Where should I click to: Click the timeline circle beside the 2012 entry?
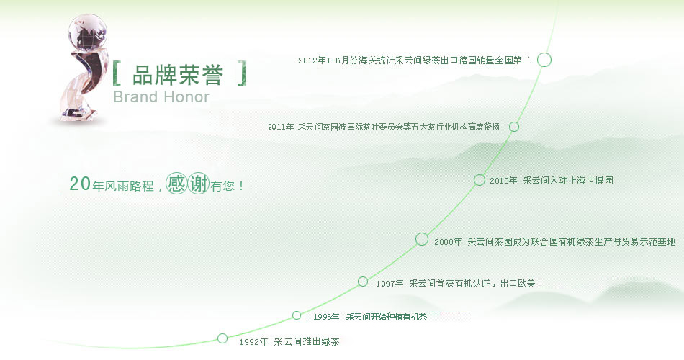point(544,53)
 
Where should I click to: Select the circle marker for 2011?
point(514,122)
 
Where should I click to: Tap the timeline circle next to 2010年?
point(479,174)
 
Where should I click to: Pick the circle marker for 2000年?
point(421,233)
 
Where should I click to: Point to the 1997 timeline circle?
point(362,276)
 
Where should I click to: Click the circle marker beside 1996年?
point(297,311)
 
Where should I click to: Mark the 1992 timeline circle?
point(222,334)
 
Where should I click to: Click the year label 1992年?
point(253,342)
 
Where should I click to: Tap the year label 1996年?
point(326,318)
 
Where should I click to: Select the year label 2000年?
point(448,242)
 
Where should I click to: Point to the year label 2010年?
point(503,181)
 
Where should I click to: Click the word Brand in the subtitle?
point(135,97)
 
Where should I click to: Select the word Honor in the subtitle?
point(186,97)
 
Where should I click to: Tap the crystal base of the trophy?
point(78,112)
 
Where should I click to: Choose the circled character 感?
point(176,184)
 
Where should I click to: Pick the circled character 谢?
point(199,184)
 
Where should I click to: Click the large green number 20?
point(80,184)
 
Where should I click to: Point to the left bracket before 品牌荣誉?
point(116,73)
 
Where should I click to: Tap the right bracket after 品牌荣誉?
point(243,73)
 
